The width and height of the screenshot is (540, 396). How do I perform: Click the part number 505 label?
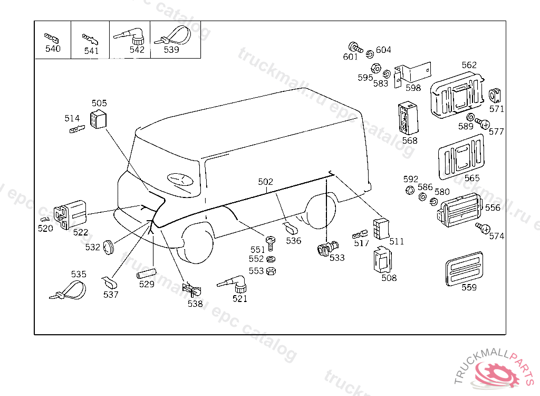[x=99, y=103]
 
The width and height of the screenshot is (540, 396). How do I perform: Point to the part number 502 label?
[x=266, y=182]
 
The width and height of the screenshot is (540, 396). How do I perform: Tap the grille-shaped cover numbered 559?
[x=465, y=267]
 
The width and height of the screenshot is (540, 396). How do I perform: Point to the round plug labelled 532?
[x=109, y=246]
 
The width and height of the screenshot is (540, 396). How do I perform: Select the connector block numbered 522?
[x=71, y=214]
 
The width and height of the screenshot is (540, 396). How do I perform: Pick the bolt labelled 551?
[x=271, y=242]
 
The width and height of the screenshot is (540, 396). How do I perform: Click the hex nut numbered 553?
[x=271, y=271]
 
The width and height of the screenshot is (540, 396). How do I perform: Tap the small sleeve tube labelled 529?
[x=146, y=274]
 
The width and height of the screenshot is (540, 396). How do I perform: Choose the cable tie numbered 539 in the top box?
[x=172, y=36]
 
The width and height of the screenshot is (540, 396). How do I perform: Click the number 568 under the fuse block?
[x=409, y=140]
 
